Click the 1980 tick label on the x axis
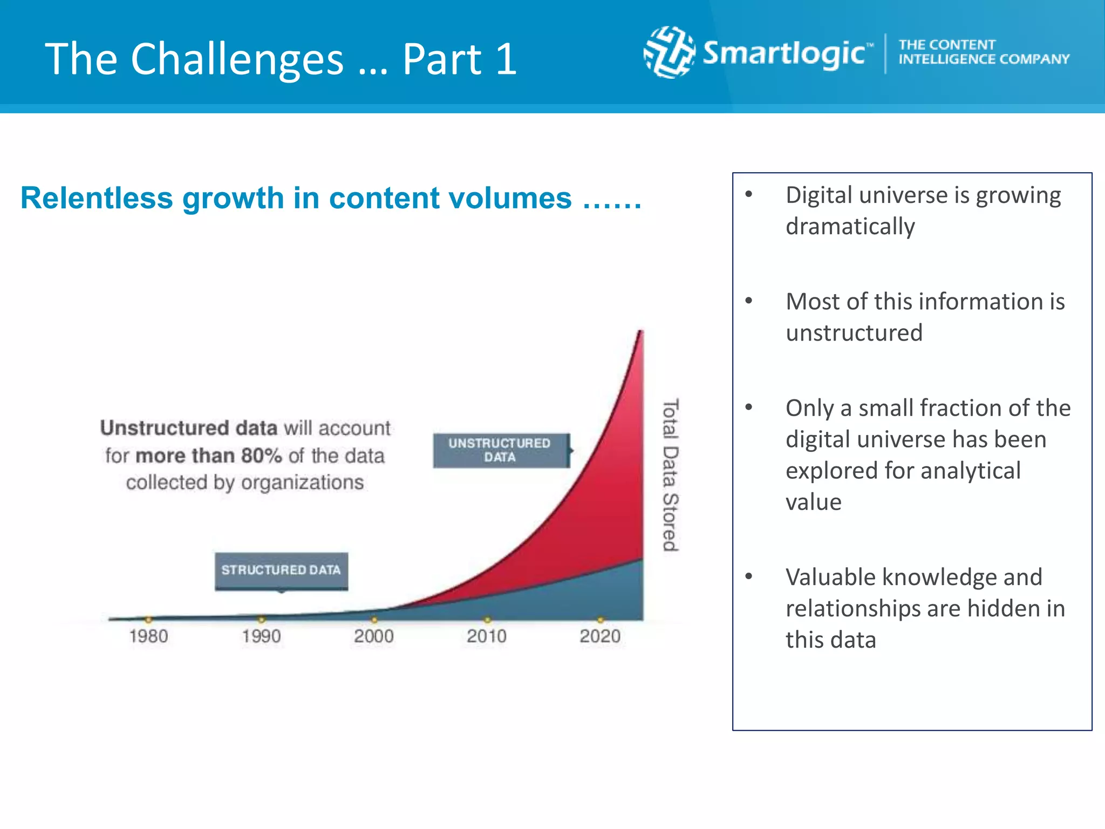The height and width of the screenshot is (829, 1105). tap(148, 636)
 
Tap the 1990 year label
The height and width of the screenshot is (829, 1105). tap(261, 636)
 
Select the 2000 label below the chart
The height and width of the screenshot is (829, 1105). tap(374, 636)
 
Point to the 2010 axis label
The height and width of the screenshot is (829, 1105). tap(487, 636)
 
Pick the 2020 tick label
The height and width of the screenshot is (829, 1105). tap(600, 636)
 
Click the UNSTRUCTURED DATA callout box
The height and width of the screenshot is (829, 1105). tap(501, 450)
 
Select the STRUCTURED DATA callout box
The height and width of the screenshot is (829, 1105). tap(281, 570)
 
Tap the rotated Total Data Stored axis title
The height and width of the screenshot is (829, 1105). tap(670, 475)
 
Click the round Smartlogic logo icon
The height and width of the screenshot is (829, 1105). tap(669, 52)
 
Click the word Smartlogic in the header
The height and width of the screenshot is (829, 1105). tap(785, 54)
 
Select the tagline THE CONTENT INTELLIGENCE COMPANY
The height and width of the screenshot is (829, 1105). tap(983, 52)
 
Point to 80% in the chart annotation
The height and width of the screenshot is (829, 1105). tap(261, 456)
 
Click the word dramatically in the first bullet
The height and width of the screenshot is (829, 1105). tap(850, 227)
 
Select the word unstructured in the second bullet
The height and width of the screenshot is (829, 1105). tap(854, 333)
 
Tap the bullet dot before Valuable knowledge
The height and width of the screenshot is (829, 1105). tap(749, 576)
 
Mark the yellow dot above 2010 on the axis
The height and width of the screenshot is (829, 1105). tap(487, 620)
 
